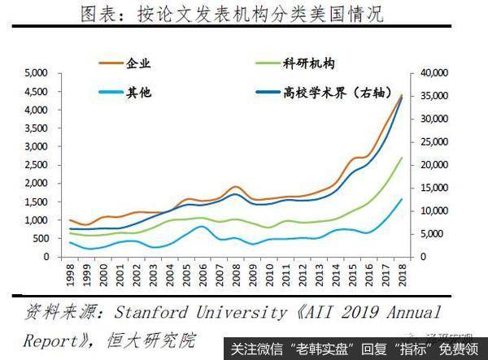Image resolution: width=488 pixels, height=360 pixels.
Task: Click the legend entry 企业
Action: [140, 63]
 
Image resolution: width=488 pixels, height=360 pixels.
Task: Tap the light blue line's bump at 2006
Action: [203, 226]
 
